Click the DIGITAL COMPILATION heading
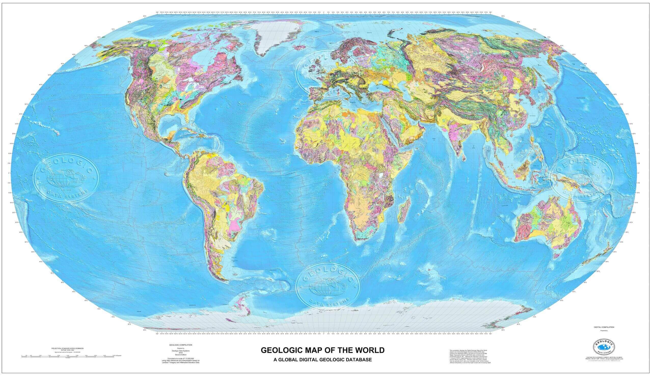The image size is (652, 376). point(604,327)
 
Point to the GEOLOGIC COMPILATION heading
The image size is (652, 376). point(180,345)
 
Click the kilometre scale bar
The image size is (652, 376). point(69,356)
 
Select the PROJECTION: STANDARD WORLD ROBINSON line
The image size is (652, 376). point(68,348)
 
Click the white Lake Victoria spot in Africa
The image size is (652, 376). point(381,176)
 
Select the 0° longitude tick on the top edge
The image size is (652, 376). point(323,12)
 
